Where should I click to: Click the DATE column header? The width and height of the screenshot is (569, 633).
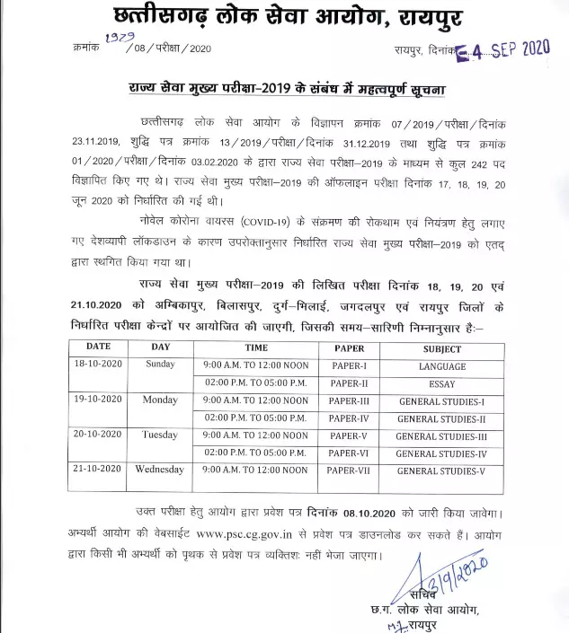coord(98,348)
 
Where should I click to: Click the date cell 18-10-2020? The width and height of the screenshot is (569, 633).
coord(98,365)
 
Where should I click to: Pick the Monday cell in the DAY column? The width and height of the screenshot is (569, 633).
coord(160,400)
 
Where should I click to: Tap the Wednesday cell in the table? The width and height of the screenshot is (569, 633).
coord(160,470)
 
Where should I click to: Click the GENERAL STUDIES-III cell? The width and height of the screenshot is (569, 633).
coord(441,435)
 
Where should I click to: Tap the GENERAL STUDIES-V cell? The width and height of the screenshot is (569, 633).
coord(441,470)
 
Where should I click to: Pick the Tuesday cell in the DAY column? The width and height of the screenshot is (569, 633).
coord(160,435)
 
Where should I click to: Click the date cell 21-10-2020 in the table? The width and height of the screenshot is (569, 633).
coord(98,470)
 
